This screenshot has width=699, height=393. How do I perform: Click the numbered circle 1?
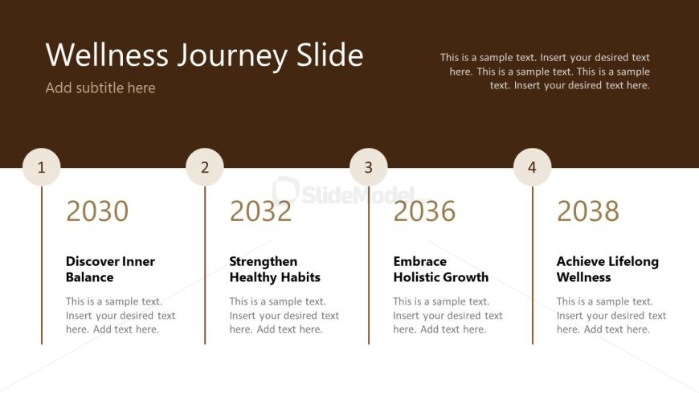(x=42, y=167)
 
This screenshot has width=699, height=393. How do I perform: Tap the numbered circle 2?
(x=205, y=167)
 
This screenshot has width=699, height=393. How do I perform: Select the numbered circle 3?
(x=368, y=167)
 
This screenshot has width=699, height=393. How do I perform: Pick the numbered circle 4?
(x=532, y=167)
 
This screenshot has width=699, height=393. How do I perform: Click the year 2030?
(x=97, y=211)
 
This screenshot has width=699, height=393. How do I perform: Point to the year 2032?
(x=261, y=211)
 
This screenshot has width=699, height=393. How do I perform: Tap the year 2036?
(x=424, y=211)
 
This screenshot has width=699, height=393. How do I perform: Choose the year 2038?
(x=588, y=211)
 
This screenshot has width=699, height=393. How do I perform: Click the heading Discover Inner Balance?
(x=110, y=269)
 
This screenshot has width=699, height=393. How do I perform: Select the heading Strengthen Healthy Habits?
(x=275, y=269)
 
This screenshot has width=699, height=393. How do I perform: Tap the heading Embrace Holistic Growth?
(x=440, y=269)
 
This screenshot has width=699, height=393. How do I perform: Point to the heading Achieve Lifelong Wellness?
(x=607, y=269)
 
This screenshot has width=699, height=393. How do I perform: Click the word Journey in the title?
(x=233, y=55)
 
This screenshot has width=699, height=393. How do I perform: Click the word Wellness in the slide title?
(x=107, y=55)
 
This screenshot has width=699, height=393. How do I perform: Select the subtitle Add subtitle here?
(x=100, y=88)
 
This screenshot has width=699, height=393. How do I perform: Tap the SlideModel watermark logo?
(x=343, y=192)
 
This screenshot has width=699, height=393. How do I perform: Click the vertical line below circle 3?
(x=369, y=265)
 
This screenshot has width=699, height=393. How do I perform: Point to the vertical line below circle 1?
(x=42, y=265)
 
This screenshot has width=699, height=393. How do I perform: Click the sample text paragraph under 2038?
(x=611, y=315)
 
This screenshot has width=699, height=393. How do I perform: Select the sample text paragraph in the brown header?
(x=545, y=72)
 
